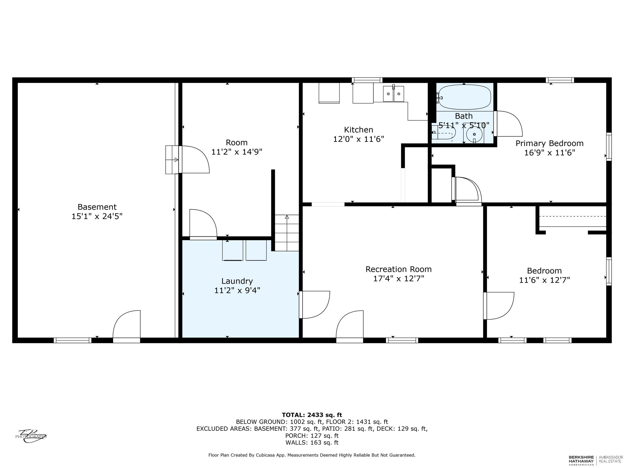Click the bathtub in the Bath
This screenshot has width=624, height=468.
point(464,97)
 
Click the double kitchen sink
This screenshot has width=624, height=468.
point(393,94)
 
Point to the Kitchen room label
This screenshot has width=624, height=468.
point(359,130)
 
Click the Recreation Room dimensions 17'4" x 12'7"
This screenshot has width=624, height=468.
point(399,279)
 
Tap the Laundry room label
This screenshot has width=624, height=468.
point(237,281)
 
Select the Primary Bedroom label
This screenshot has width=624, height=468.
point(549,144)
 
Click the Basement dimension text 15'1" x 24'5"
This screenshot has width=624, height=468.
point(97,216)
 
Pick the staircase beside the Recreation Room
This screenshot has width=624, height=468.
point(287,233)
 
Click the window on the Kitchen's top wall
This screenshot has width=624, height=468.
point(367,80)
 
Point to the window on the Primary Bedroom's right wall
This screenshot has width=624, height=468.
point(609,147)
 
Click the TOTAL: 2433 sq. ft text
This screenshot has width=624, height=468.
point(312,415)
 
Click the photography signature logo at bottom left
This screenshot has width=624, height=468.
point(31,436)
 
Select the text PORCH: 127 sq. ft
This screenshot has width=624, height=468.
point(312,436)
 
